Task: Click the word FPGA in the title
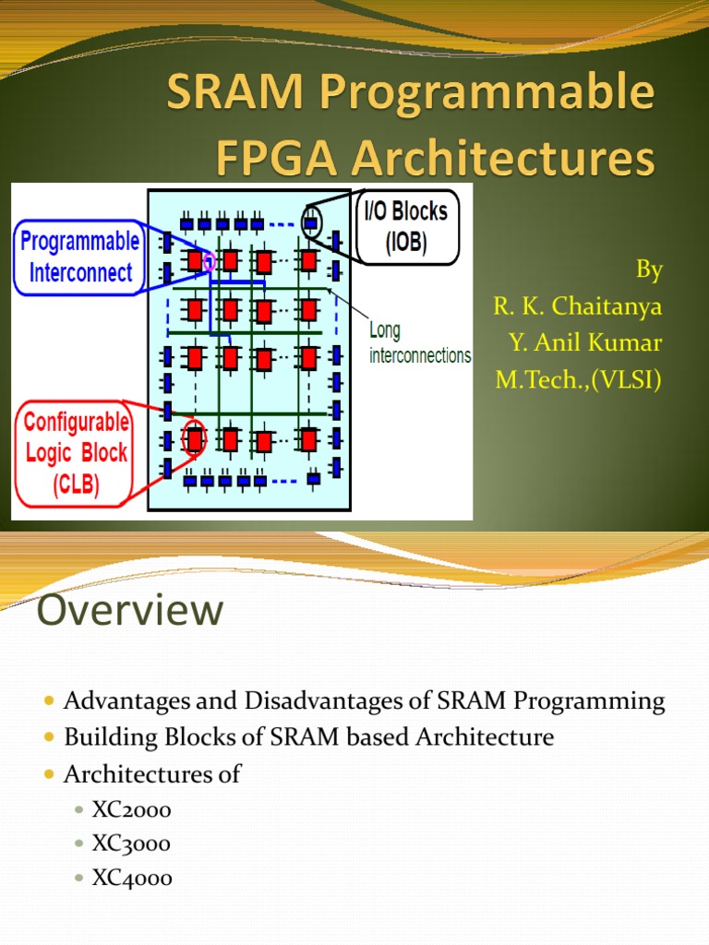tap(270, 159)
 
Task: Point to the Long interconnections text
tap(419, 343)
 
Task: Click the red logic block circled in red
tap(194, 439)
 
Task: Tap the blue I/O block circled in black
tap(312, 222)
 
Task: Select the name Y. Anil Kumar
tap(585, 343)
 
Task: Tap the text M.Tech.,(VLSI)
tap(579, 379)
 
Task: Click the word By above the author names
tap(649, 269)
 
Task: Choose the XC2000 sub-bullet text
tap(131, 810)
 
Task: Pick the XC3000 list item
tap(131, 844)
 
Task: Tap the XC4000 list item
tap(132, 879)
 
